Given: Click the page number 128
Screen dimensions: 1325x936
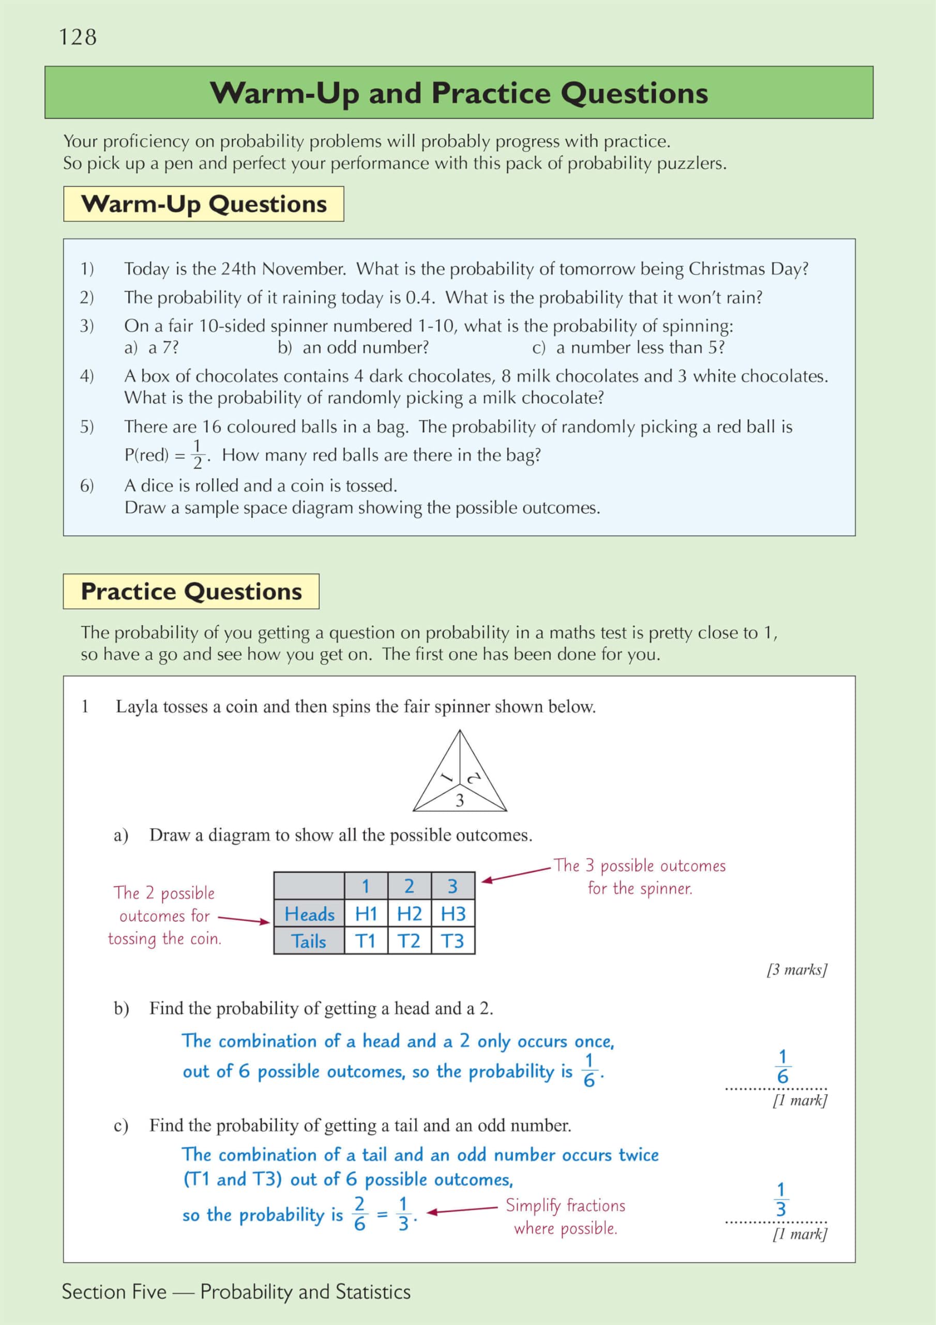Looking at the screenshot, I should (78, 37).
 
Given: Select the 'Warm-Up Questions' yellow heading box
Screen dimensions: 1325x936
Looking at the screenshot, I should (204, 204).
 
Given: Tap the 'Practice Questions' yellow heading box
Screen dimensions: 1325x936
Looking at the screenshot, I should (191, 592).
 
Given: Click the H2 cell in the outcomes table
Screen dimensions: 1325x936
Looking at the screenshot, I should (410, 914).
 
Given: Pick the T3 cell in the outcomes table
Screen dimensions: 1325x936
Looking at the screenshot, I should (452, 941).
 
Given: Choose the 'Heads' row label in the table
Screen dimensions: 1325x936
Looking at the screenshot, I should (309, 914).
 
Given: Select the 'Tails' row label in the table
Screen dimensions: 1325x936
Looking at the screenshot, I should (309, 941).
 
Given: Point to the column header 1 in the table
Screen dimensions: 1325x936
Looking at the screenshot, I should (366, 886).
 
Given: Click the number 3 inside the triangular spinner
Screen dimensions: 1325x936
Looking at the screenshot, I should (460, 800).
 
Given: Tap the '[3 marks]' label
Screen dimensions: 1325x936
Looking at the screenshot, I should (797, 969).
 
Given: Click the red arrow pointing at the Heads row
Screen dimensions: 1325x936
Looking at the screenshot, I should (244, 920).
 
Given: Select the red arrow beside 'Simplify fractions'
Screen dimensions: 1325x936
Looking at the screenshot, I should (461, 1210).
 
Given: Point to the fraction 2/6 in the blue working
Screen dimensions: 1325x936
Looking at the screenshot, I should (359, 1214).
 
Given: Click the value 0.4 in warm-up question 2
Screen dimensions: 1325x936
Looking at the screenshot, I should (420, 298).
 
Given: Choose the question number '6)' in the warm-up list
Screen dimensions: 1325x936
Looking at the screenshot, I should (87, 486).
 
